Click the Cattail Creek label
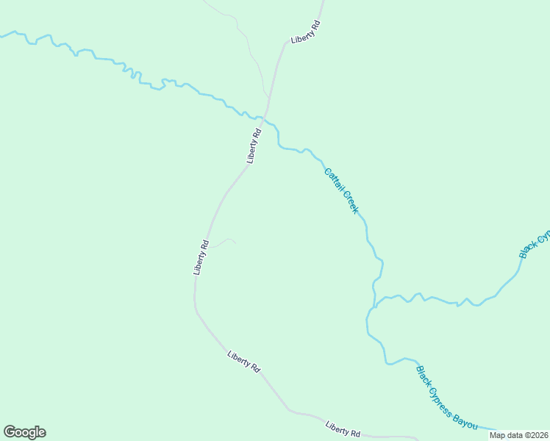[x=341, y=190]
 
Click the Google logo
[x=24, y=432]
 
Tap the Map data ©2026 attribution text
[x=518, y=435]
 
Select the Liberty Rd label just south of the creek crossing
[x=254, y=146]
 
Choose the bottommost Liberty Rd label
[x=343, y=429]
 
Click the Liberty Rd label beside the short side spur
[x=201, y=257]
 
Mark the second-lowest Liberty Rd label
[x=244, y=361]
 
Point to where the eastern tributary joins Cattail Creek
[x=375, y=306]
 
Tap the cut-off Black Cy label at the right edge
[x=535, y=245]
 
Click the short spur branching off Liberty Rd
[x=224, y=241]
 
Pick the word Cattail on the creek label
[x=332, y=179]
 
